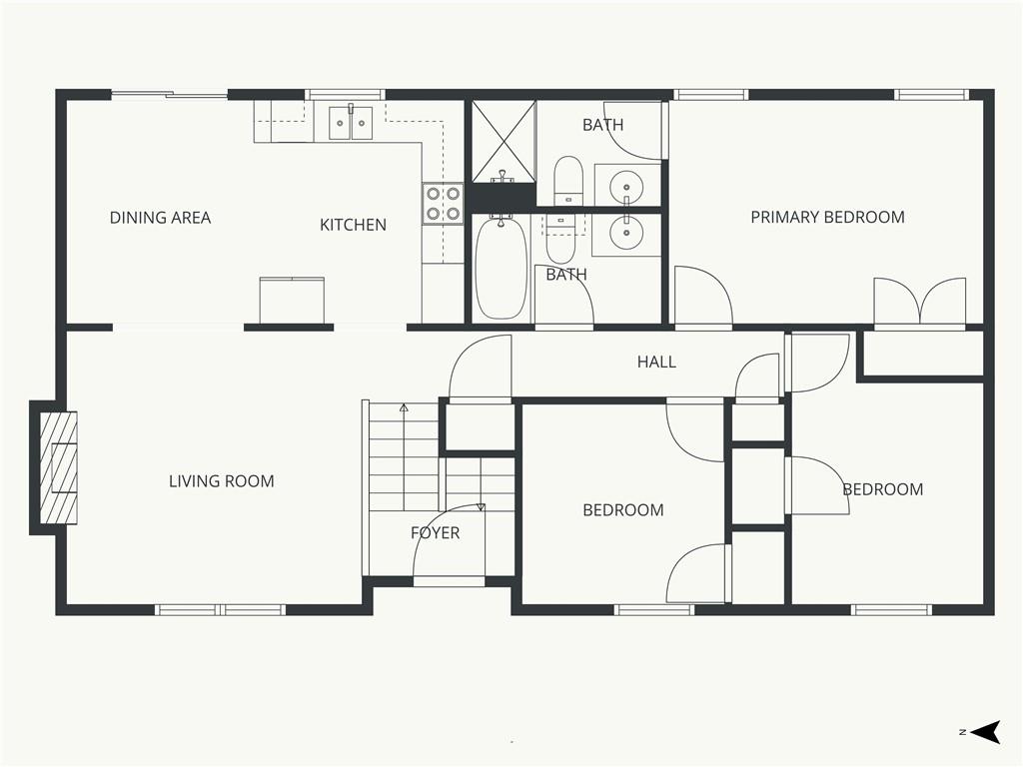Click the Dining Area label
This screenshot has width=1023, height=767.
tap(160, 217)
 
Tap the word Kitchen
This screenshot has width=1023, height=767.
tap(353, 225)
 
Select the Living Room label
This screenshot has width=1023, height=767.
tap(221, 481)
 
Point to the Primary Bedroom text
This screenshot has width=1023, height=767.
tap(827, 217)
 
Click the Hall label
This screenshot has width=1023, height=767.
tap(656, 362)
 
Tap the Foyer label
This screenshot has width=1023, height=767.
tap(436, 533)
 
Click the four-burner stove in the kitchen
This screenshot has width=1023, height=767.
tap(443, 203)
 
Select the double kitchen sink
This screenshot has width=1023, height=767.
tap(351, 123)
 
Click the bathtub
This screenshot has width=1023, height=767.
tap(501, 268)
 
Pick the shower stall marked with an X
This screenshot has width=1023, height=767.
tap(504, 141)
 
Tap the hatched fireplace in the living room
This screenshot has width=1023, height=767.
tap(59, 467)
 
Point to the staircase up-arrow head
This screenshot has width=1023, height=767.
tap(404, 407)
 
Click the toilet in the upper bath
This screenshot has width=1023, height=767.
tap(568, 180)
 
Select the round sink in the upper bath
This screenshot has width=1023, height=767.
tap(626, 186)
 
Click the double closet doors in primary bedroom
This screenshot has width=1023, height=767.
tap(920, 302)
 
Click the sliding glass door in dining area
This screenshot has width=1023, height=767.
tap(169, 96)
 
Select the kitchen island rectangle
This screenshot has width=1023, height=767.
tap(292, 300)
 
